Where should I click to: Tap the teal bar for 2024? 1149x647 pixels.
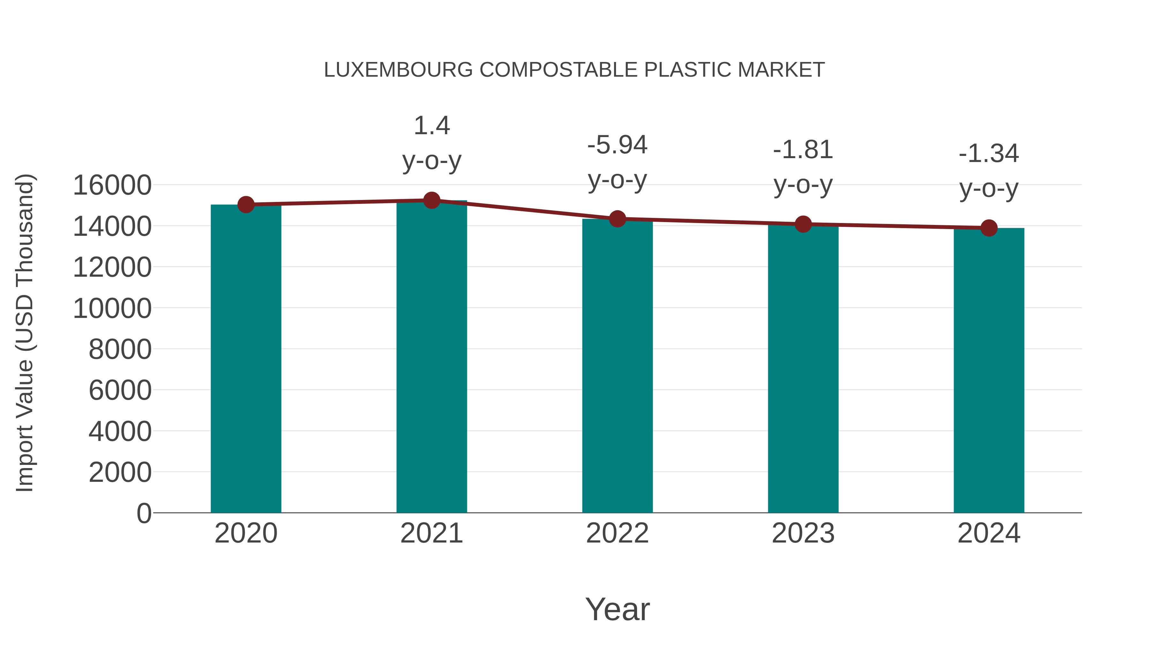[989, 370]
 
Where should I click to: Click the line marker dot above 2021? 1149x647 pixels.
[431, 200]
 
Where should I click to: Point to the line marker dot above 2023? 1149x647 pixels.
[803, 224]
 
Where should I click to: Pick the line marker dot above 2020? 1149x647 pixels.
[246, 204]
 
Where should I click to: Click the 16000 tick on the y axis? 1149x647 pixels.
[112, 185]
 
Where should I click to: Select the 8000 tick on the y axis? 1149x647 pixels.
[120, 349]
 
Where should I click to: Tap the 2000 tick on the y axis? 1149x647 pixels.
[120, 473]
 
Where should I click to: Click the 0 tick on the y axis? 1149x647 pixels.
[144, 513]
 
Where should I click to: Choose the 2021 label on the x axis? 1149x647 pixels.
[431, 533]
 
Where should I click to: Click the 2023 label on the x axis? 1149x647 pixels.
[803, 533]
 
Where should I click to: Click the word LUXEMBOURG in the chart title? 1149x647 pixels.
[398, 70]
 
